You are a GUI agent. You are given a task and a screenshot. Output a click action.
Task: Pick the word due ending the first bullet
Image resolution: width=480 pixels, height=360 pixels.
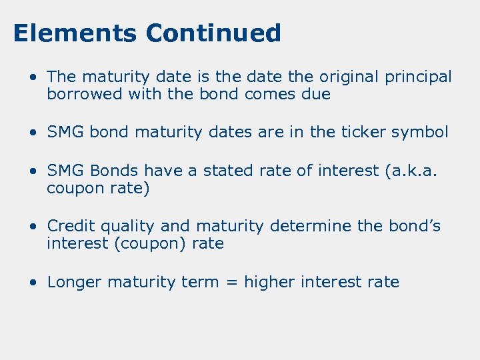coord(316,95)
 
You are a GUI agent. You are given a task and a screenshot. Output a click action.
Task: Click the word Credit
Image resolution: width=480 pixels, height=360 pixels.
coord(70,226)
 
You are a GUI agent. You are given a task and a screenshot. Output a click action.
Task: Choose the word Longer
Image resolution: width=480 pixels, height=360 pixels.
coord(75,283)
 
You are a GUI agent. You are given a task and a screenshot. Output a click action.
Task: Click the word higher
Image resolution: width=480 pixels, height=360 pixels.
coord(270,283)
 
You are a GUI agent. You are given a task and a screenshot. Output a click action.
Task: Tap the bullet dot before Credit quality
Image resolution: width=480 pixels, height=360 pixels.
coord(33,227)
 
